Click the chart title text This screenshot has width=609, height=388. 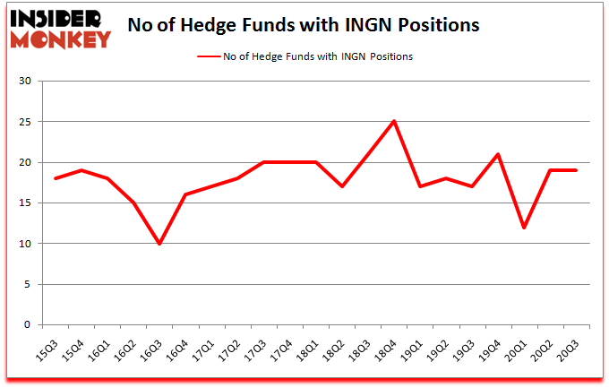(x=304, y=24)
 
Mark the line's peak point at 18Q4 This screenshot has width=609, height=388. (x=393, y=122)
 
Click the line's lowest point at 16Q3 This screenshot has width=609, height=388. (x=159, y=244)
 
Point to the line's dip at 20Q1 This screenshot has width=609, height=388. (x=523, y=228)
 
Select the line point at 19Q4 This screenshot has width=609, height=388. (x=497, y=154)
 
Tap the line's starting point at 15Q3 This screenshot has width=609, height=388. (x=56, y=178)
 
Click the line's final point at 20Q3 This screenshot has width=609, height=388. (x=575, y=170)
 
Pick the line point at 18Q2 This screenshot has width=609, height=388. (x=341, y=186)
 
